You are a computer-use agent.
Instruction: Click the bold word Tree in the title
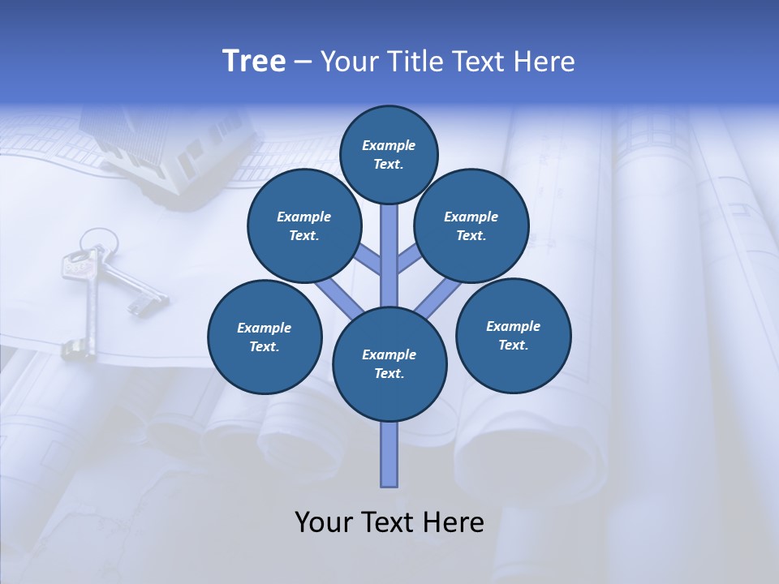(x=254, y=62)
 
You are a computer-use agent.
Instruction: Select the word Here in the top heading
(x=546, y=62)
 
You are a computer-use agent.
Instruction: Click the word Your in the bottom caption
(x=323, y=522)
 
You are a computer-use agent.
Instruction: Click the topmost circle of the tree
(x=389, y=154)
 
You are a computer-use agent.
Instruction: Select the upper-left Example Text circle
(x=304, y=225)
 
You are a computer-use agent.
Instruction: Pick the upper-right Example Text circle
(x=471, y=225)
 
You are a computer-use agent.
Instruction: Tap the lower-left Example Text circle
(x=265, y=337)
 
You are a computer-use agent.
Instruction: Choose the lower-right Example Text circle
(x=513, y=334)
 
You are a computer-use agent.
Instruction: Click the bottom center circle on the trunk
(x=389, y=363)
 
